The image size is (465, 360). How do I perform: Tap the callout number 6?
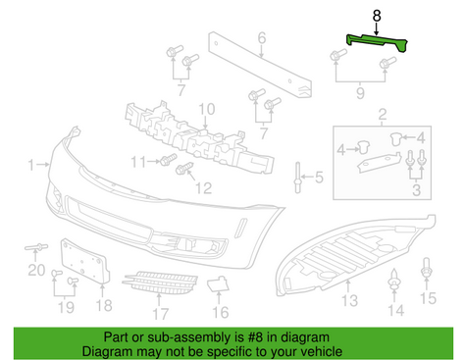[262, 40]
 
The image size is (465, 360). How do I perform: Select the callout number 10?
[206, 109]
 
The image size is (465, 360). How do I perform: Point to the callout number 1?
[31, 163]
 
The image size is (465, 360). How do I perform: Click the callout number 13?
[349, 299]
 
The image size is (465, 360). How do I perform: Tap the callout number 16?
[221, 313]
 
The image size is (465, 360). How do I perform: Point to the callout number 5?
[317, 178]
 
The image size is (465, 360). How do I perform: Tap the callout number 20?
[35, 269]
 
